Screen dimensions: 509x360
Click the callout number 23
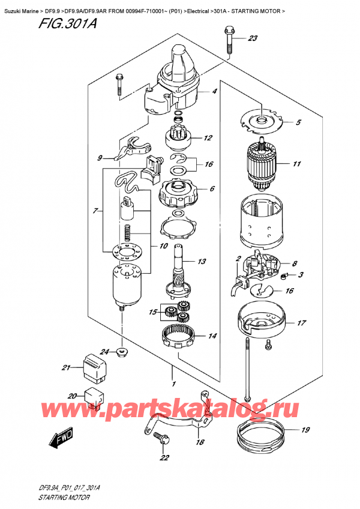(x=253, y=38)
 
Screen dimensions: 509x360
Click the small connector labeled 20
(x=94, y=397)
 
